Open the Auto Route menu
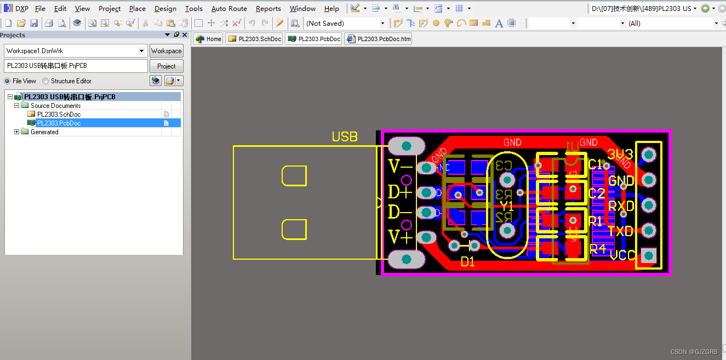[x=229, y=8]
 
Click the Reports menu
[x=268, y=8]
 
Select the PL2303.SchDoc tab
[x=254, y=39]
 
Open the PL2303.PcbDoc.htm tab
[x=379, y=39]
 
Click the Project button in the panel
[x=167, y=66]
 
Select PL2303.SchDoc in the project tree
[x=59, y=115]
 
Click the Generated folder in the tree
[x=44, y=132]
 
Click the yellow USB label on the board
[x=345, y=137]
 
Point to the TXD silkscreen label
[x=621, y=231]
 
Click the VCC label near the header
[x=622, y=255]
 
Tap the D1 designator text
[x=467, y=262]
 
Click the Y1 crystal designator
[x=507, y=206]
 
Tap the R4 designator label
[x=597, y=248]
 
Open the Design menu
[x=165, y=8]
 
